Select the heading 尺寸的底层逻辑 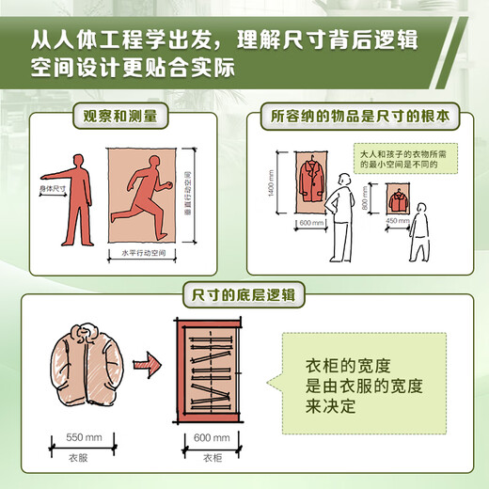244,294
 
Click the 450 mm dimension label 398,223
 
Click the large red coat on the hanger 308,179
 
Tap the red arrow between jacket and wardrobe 146,360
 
